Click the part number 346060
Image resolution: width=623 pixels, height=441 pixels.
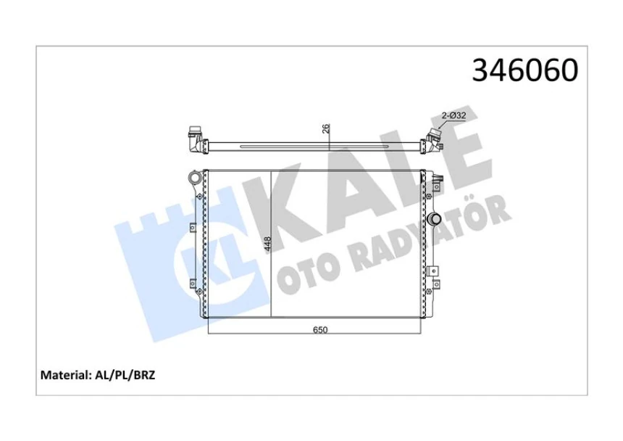click(524, 70)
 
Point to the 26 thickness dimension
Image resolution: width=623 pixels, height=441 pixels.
click(327, 128)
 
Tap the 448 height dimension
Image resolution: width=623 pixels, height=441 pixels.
click(267, 244)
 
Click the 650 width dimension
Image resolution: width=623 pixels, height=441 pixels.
click(320, 330)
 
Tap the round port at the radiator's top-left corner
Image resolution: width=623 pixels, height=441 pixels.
click(193, 177)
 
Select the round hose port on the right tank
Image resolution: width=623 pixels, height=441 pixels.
click(434, 219)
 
